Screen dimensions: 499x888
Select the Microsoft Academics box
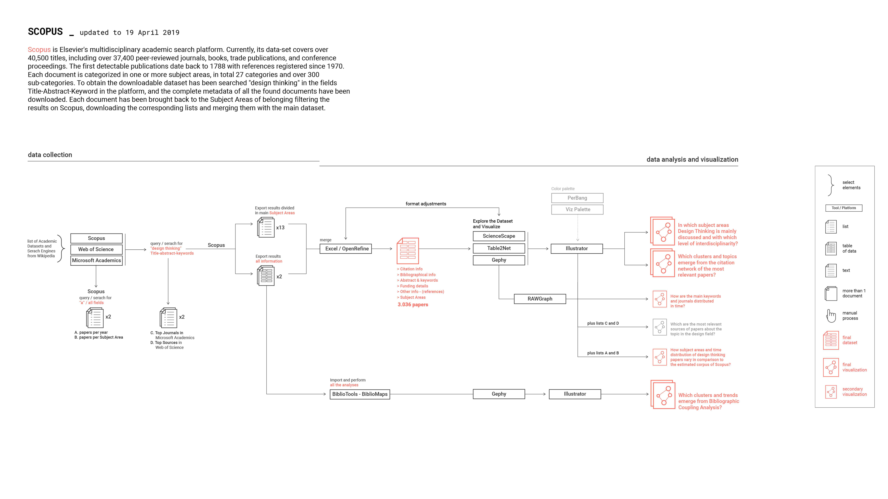[96, 260]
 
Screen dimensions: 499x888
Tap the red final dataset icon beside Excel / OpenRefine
[408, 251]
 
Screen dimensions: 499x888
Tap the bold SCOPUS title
[45, 32]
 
